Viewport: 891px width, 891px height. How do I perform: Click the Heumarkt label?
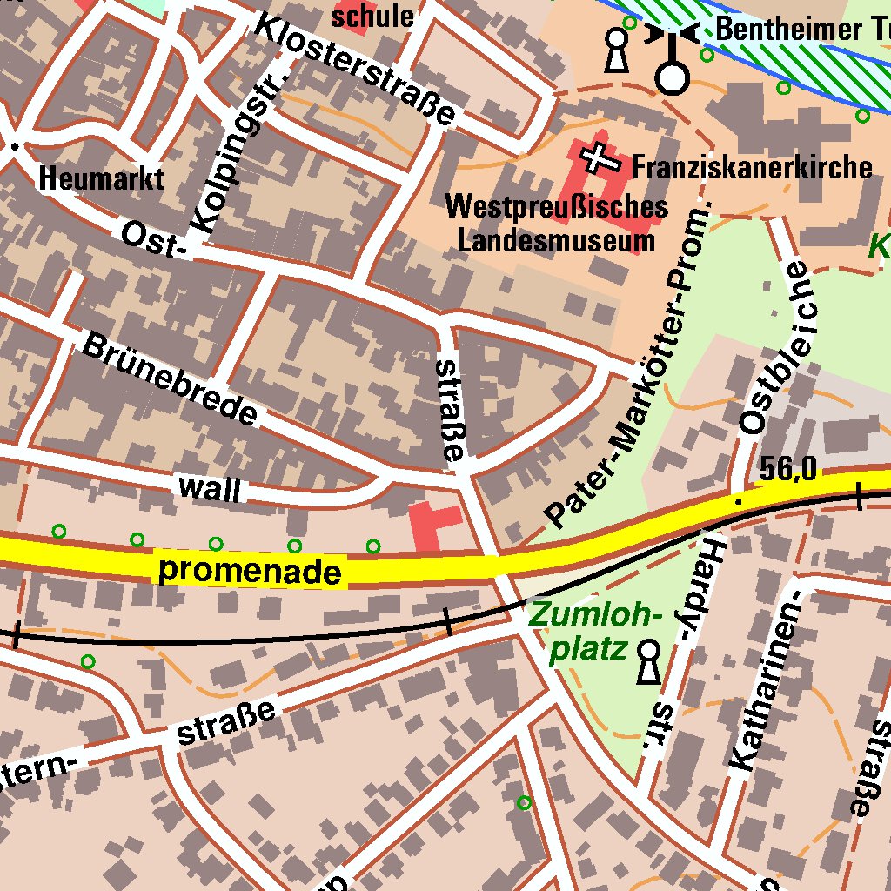(101, 179)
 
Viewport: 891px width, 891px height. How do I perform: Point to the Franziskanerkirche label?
(751, 166)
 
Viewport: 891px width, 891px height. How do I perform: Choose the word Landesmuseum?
(556, 240)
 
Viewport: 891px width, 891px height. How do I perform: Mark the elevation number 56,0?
(787, 470)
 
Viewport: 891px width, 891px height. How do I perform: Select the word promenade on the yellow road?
(250, 571)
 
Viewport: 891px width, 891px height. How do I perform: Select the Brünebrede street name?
(171, 379)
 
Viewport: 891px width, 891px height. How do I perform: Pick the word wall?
(209, 488)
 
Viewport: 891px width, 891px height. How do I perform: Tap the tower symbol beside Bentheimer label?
(672, 61)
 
